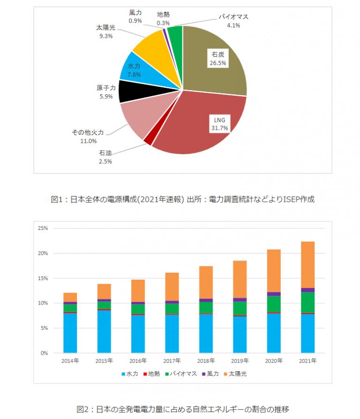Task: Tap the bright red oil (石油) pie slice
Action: (x=149, y=141)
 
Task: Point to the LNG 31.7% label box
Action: (x=220, y=124)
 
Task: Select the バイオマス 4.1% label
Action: (x=233, y=21)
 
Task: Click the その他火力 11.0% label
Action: (x=88, y=137)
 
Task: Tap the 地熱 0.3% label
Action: (x=163, y=18)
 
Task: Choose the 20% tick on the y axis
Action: (x=43, y=253)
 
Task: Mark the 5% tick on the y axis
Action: (x=45, y=328)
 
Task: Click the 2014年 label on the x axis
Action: (x=70, y=361)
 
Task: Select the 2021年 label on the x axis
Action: (x=307, y=361)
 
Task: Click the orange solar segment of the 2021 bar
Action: (x=307, y=265)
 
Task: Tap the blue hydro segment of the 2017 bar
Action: (x=172, y=334)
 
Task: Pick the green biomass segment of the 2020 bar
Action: (x=274, y=304)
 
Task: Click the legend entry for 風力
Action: (x=210, y=374)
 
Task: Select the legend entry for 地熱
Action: (x=151, y=374)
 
